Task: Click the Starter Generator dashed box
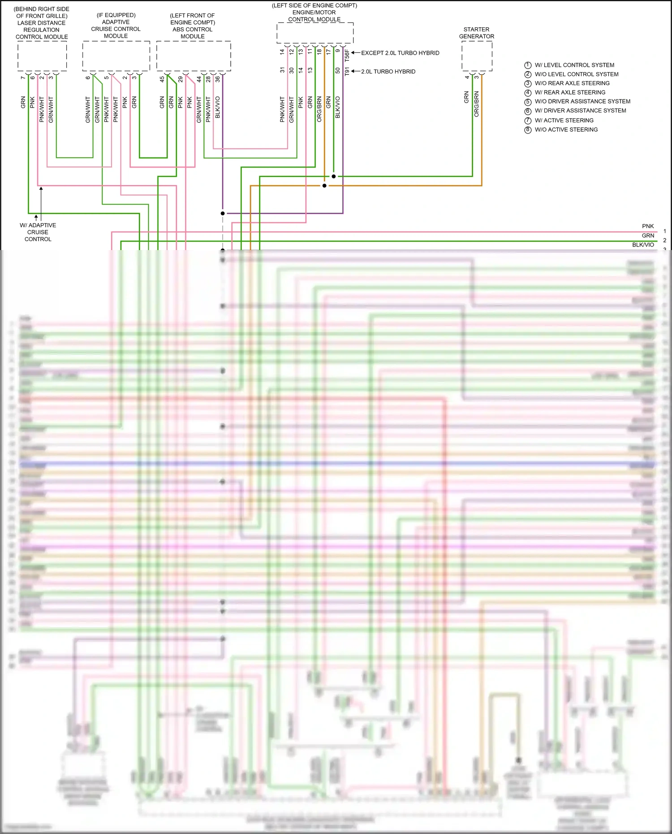click(x=477, y=56)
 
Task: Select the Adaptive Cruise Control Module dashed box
click(x=116, y=56)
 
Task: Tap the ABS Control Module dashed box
click(x=194, y=56)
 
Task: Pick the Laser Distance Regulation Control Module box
click(x=42, y=56)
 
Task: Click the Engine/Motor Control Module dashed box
click(x=314, y=33)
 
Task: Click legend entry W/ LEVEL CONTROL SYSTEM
click(x=574, y=65)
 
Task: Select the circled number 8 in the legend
click(x=528, y=130)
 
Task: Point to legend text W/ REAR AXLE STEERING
click(x=570, y=92)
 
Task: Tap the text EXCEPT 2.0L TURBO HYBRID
click(x=400, y=53)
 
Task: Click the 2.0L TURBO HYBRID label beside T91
click(x=388, y=72)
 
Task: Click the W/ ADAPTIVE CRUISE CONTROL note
click(x=38, y=232)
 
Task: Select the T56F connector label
click(x=347, y=56)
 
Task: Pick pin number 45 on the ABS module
click(x=162, y=79)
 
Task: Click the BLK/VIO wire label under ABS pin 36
click(x=218, y=108)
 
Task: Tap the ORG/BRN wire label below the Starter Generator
click(x=476, y=104)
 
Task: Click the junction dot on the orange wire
click(x=324, y=186)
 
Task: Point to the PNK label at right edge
click(x=648, y=226)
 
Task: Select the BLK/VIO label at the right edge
click(x=643, y=245)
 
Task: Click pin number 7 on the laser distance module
click(x=23, y=78)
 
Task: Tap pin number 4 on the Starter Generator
click(x=467, y=78)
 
